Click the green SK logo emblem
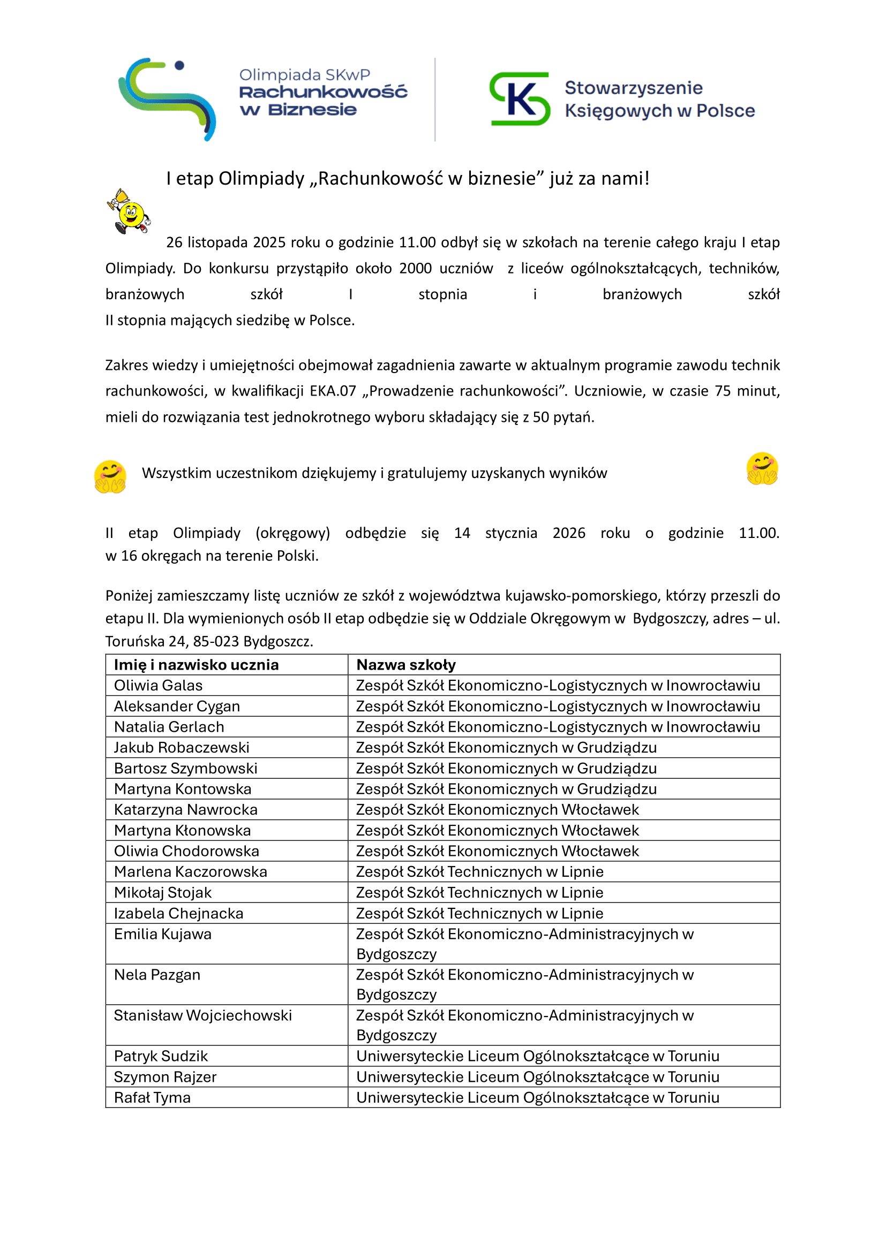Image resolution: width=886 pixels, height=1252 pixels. (520, 98)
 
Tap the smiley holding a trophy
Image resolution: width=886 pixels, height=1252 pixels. (129, 211)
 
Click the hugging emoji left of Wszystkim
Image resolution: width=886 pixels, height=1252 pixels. (110, 476)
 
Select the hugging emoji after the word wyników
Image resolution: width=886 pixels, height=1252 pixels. (762, 469)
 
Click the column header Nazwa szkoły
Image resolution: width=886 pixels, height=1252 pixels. (406, 665)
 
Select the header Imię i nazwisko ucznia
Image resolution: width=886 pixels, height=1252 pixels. (197, 665)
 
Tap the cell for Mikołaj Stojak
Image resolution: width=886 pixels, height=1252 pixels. (163, 893)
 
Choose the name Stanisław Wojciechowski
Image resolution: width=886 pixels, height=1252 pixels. (203, 1015)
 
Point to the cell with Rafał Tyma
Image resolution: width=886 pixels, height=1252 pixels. (152, 1098)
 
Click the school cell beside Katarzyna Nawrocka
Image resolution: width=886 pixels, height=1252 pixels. (497, 810)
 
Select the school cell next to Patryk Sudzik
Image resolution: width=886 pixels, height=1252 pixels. (537, 1056)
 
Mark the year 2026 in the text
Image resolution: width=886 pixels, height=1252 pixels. (568, 533)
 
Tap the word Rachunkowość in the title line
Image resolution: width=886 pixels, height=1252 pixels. (380, 179)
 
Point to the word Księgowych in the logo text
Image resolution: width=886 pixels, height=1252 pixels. (618, 111)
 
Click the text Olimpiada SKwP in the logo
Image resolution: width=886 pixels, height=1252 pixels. (304, 75)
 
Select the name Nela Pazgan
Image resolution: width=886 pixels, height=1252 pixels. (157, 975)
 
